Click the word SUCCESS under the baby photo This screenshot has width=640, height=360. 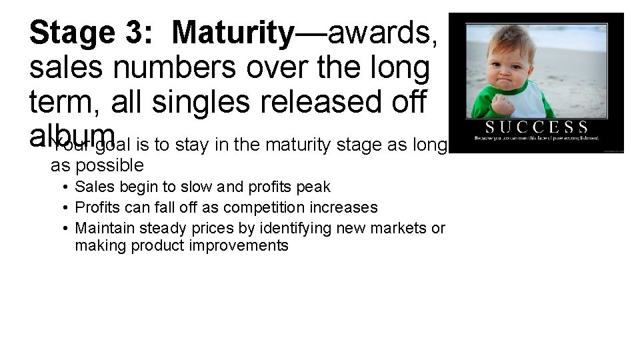[537, 127]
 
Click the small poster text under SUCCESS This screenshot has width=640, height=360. [536, 138]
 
